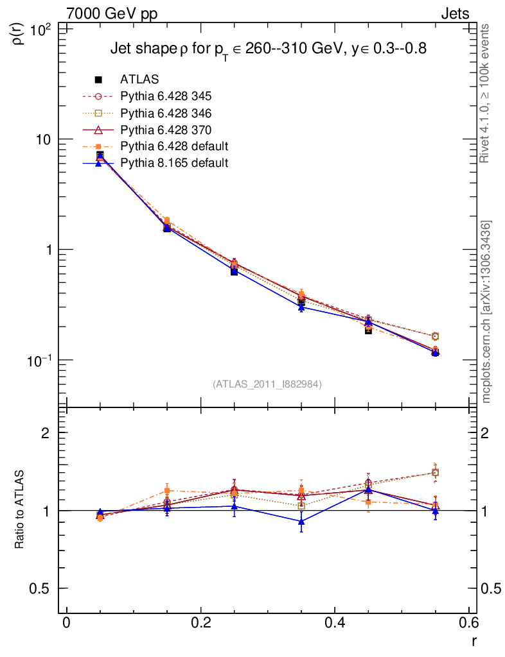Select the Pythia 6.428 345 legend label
click(x=166, y=96)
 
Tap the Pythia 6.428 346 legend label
click(x=166, y=113)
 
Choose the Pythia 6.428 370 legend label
click(x=166, y=130)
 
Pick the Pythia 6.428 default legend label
click(x=174, y=146)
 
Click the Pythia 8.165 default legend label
click(x=174, y=163)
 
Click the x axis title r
click(x=473, y=640)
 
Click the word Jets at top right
click(x=454, y=13)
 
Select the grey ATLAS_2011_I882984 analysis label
click(x=267, y=384)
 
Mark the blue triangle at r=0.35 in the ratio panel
click(x=301, y=522)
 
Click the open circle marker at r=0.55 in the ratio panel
click(x=435, y=473)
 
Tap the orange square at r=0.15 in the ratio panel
click(x=167, y=491)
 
